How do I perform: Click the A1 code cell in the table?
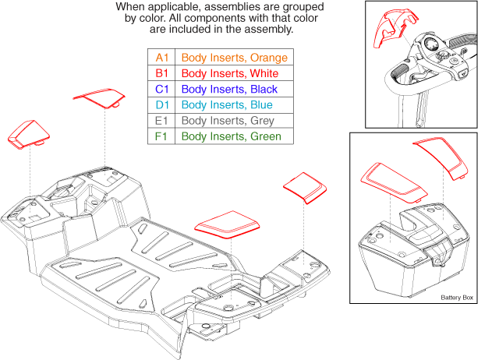coord(161,58)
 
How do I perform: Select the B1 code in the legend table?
coord(161,73)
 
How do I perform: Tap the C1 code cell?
coord(161,89)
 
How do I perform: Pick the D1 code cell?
coord(161,105)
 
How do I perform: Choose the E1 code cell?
coord(161,121)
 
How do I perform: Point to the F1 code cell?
coord(161,136)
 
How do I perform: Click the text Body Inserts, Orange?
coord(235,58)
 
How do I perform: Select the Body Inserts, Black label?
coord(229,89)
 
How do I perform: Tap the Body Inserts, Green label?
coord(232,136)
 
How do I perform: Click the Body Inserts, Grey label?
coord(228,121)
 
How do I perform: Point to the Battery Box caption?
coord(457,298)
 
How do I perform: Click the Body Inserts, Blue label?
coord(227,105)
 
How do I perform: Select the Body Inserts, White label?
coord(230,73)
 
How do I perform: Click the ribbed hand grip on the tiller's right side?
coord(464,40)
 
